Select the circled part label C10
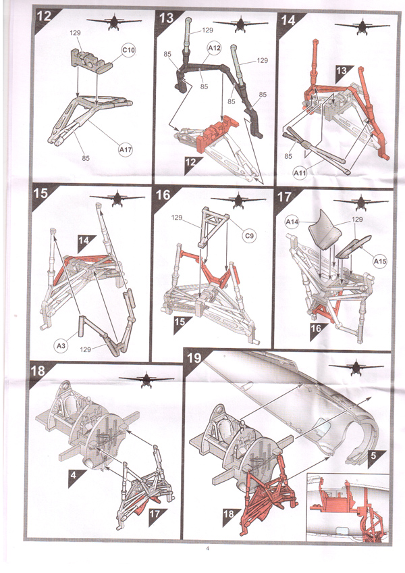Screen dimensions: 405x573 [x=128, y=50]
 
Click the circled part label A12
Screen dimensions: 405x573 [x=214, y=48]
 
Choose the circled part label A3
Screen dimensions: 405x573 [x=61, y=345]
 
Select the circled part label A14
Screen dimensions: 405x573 [x=292, y=221]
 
